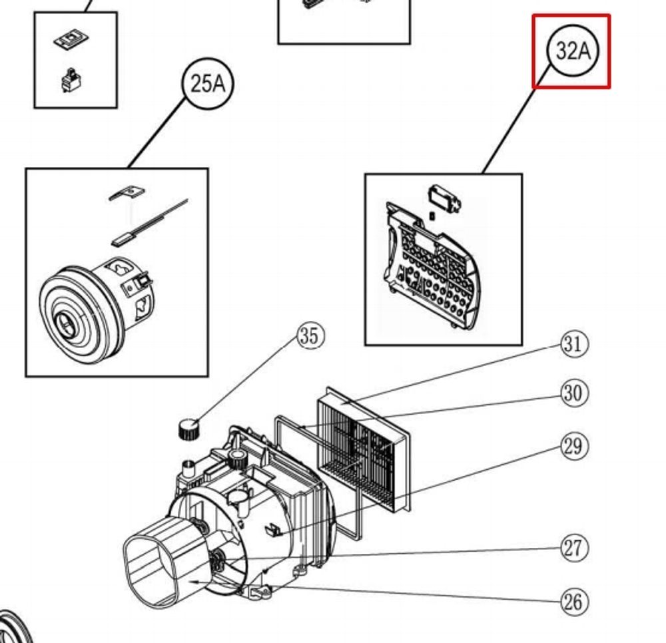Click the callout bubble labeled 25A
(208, 84)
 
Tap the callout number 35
(310, 337)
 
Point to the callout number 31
(574, 344)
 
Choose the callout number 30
(574, 393)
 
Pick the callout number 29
(574, 446)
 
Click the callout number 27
(574, 548)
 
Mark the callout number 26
(574, 602)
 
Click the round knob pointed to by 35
(189, 428)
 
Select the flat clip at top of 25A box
(127, 193)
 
